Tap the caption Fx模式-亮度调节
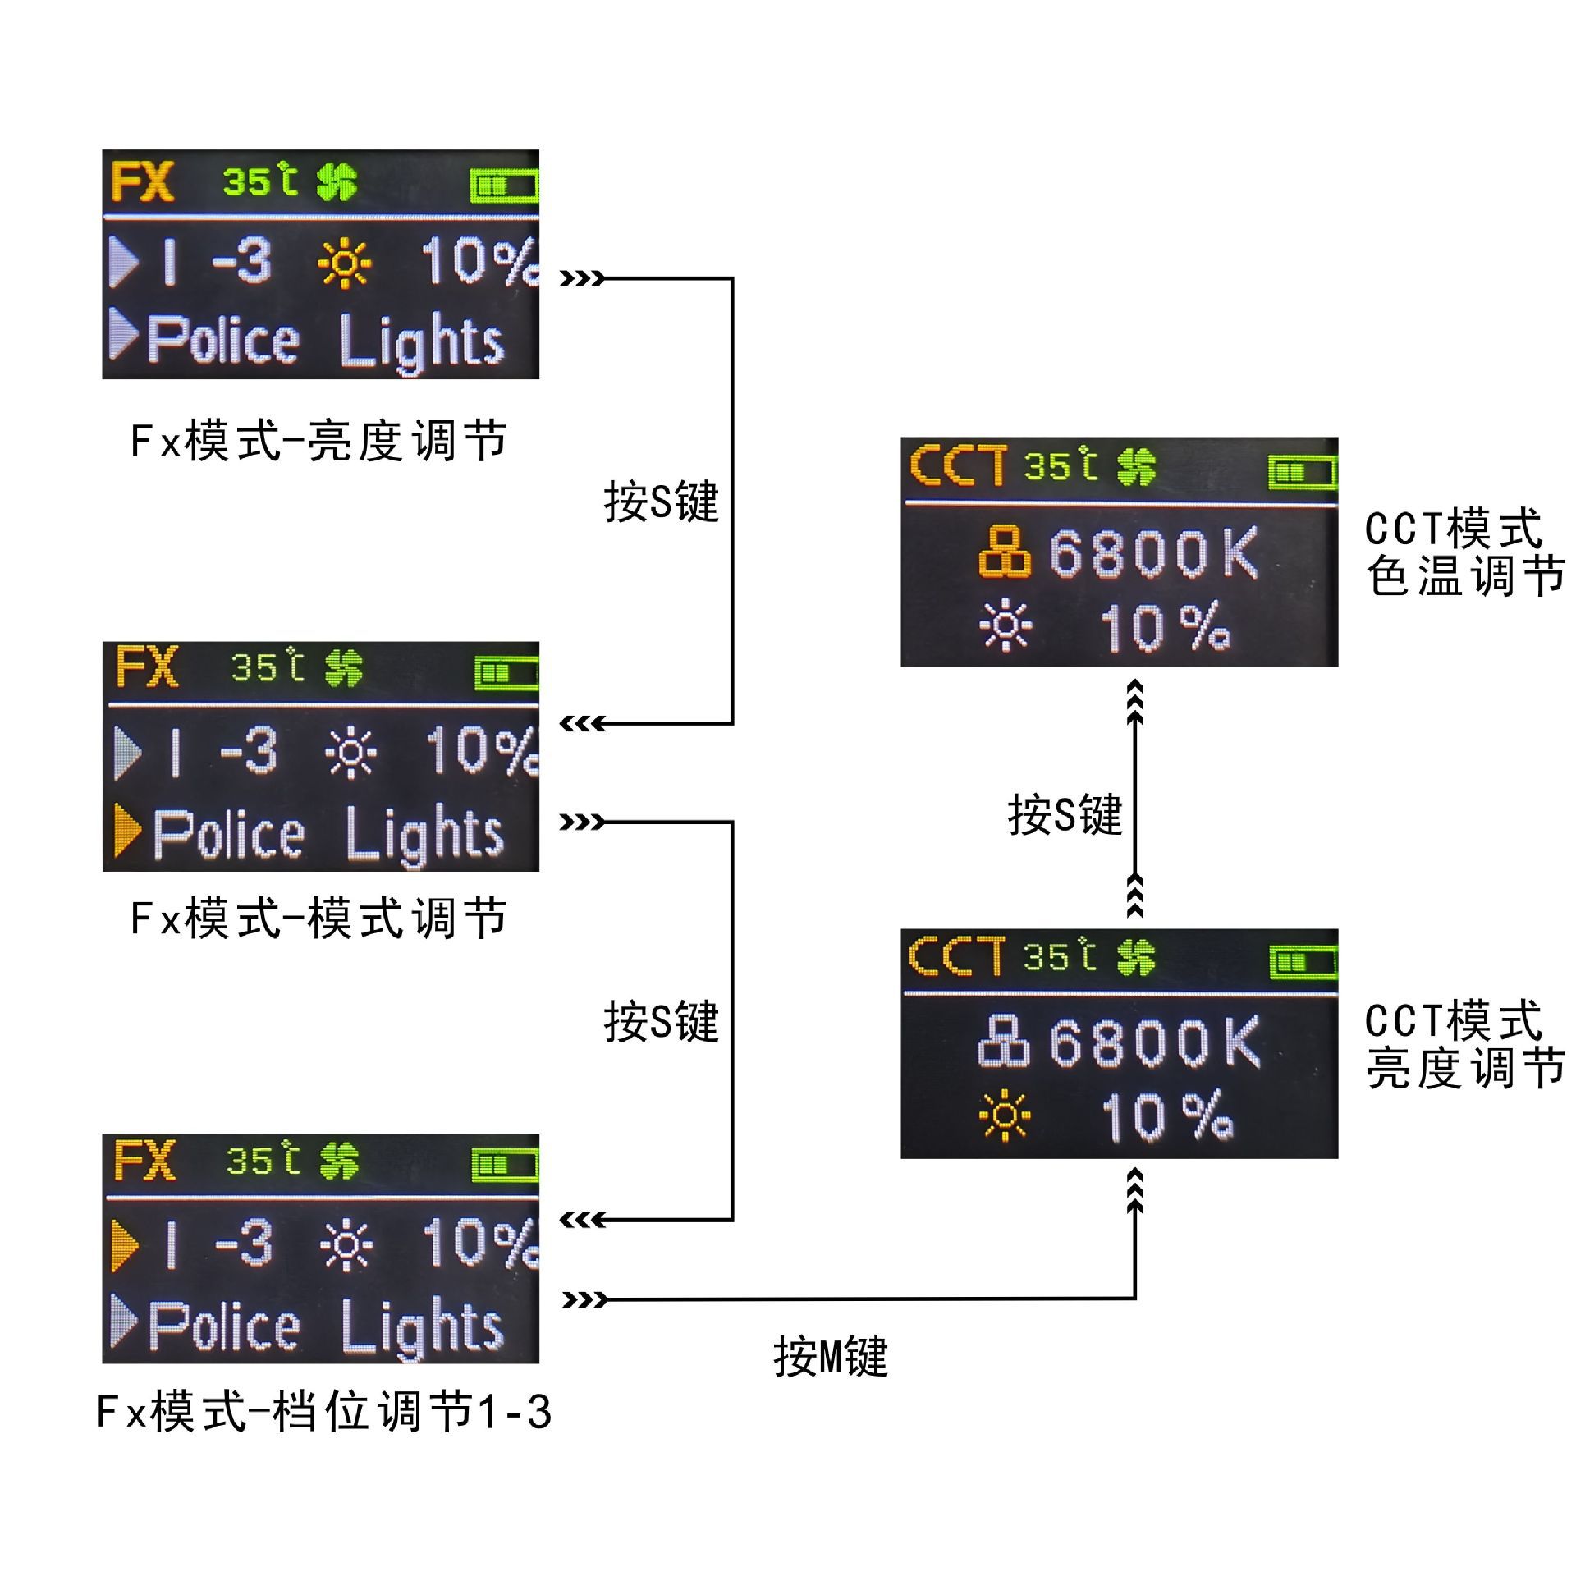tap(318, 441)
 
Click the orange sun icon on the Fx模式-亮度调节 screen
tap(345, 263)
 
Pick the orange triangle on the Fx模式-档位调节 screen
tap(125, 1244)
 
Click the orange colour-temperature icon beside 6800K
tap(1004, 552)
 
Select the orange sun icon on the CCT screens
tap(1005, 1116)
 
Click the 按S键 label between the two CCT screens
tap(1065, 814)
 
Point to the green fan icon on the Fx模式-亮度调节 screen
tap(337, 181)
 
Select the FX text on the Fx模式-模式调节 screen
tap(147, 667)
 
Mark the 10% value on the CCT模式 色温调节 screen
tap(1165, 628)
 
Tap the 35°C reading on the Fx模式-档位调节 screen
tap(263, 1160)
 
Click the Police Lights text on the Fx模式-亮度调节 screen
tap(325, 341)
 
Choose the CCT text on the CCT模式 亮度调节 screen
tap(956, 957)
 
